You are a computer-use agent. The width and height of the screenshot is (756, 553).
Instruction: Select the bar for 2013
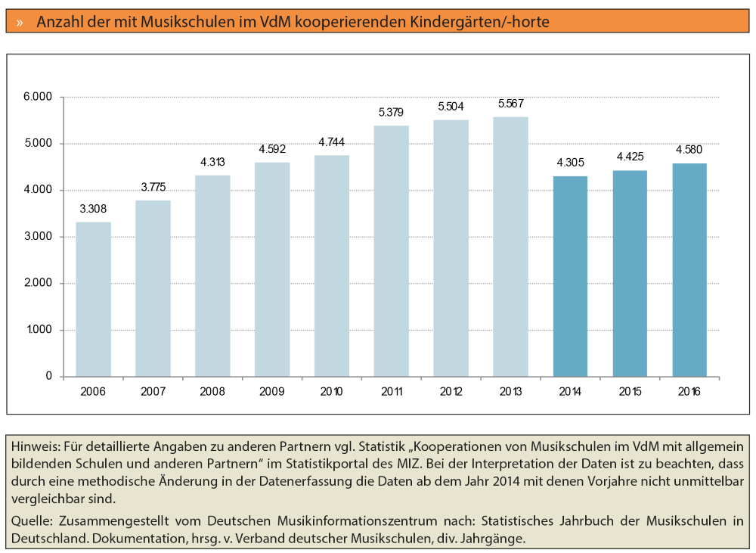point(510,247)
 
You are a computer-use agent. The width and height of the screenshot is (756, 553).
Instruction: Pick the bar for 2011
point(391,251)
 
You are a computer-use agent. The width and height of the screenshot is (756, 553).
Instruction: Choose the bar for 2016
point(689,270)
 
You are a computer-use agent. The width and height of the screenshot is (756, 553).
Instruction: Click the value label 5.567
point(510,104)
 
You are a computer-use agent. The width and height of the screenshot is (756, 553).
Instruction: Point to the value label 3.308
point(93,209)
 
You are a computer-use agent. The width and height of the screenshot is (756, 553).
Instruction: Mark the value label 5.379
point(391,113)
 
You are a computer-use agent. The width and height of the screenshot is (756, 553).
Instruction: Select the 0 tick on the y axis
point(49,376)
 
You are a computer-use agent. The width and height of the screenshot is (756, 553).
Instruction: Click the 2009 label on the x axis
point(272,392)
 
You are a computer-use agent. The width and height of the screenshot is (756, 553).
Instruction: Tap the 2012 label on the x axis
point(451,392)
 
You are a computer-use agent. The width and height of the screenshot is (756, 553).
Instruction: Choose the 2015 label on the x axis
point(630,392)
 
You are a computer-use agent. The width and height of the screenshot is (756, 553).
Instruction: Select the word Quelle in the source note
point(30,521)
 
